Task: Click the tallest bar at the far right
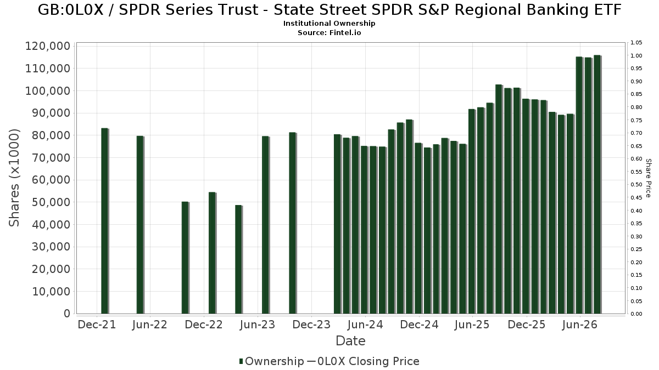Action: tap(597, 184)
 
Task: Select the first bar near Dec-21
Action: tap(105, 221)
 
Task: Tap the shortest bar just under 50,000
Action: tap(238, 259)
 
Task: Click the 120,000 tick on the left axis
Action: tap(48, 46)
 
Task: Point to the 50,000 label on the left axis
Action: tap(51, 202)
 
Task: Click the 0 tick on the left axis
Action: tap(68, 314)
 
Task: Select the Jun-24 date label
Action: tap(365, 325)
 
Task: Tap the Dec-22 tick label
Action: tap(204, 325)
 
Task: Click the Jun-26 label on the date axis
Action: tap(579, 325)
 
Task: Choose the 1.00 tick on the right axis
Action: tap(636, 56)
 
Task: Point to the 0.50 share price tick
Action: tap(636, 185)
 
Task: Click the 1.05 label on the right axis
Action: tap(636, 43)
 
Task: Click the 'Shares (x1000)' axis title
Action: tap(14, 178)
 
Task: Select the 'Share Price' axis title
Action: tap(648, 178)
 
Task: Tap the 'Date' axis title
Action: tap(350, 341)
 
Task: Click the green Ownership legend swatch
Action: tap(241, 361)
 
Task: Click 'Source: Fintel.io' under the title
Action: tap(329, 32)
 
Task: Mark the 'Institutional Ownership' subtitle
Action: tap(329, 24)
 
